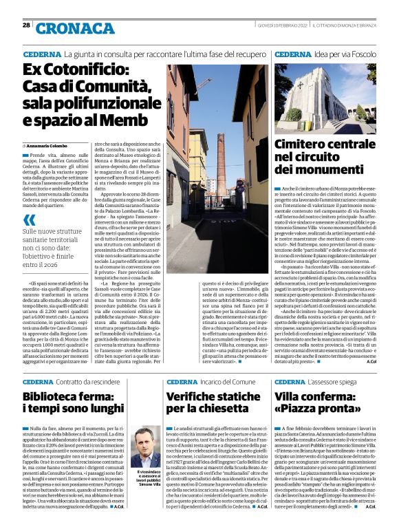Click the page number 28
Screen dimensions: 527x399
click(x=26, y=25)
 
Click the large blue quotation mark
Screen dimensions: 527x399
click(x=28, y=220)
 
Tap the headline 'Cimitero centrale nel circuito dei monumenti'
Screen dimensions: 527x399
click(x=324, y=156)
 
